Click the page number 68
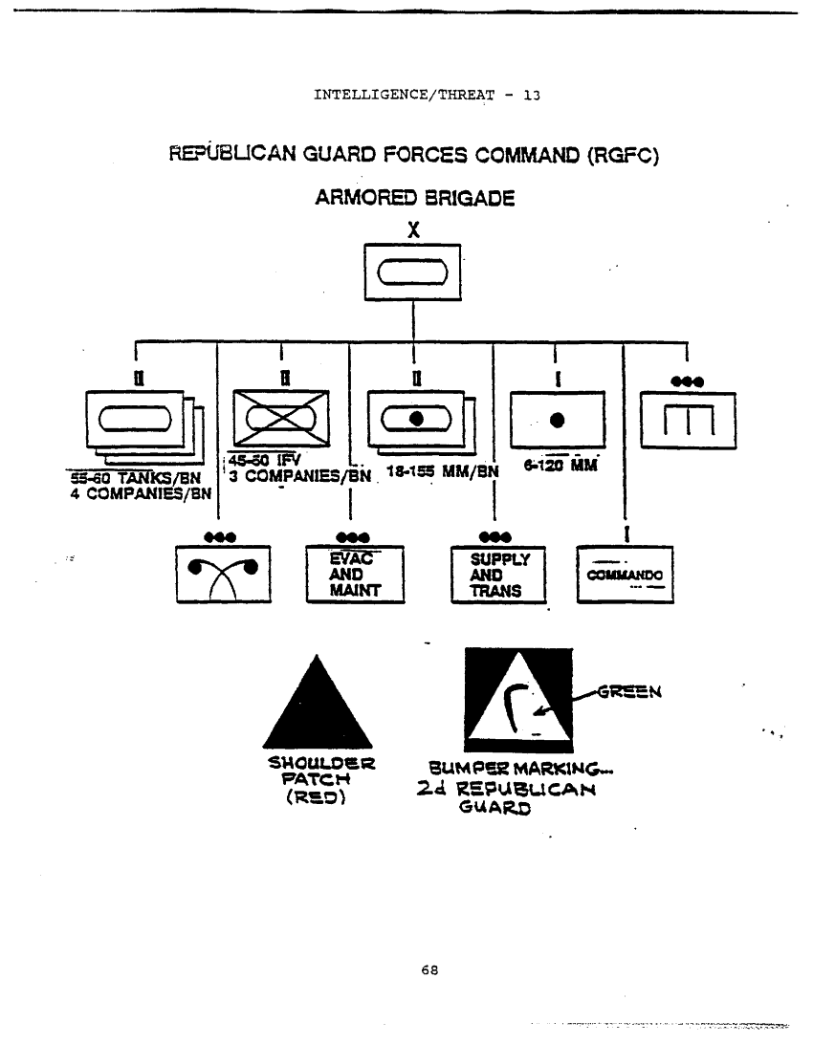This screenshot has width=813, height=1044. [x=429, y=969]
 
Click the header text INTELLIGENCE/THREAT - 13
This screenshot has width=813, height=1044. [x=427, y=95]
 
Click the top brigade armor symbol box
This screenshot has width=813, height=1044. [x=413, y=273]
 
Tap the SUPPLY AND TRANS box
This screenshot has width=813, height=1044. [x=497, y=574]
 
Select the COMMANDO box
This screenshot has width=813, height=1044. [x=625, y=574]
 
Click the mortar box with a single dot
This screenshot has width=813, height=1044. [x=558, y=420]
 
